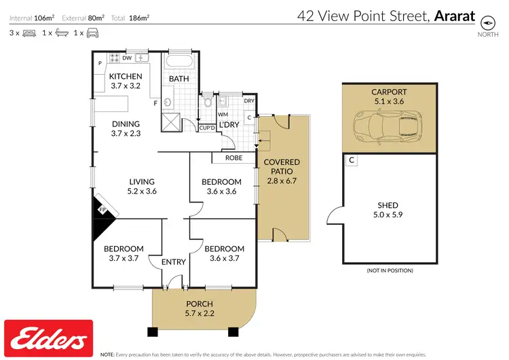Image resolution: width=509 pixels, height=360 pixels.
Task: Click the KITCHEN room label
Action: pyautogui.click(x=126, y=81)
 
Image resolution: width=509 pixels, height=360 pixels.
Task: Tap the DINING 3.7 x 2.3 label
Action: pyautogui.click(x=126, y=128)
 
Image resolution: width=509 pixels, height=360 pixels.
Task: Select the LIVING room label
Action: pyautogui.click(x=143, y=186)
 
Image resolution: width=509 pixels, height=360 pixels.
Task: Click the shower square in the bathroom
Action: pyautogui.click(x=171, y=122)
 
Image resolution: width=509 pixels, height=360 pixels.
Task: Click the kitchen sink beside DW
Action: pyautogui.click(x=141, y=58)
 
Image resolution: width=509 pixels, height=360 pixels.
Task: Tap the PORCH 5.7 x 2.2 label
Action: pyautogui.click(x=199, y=308)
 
